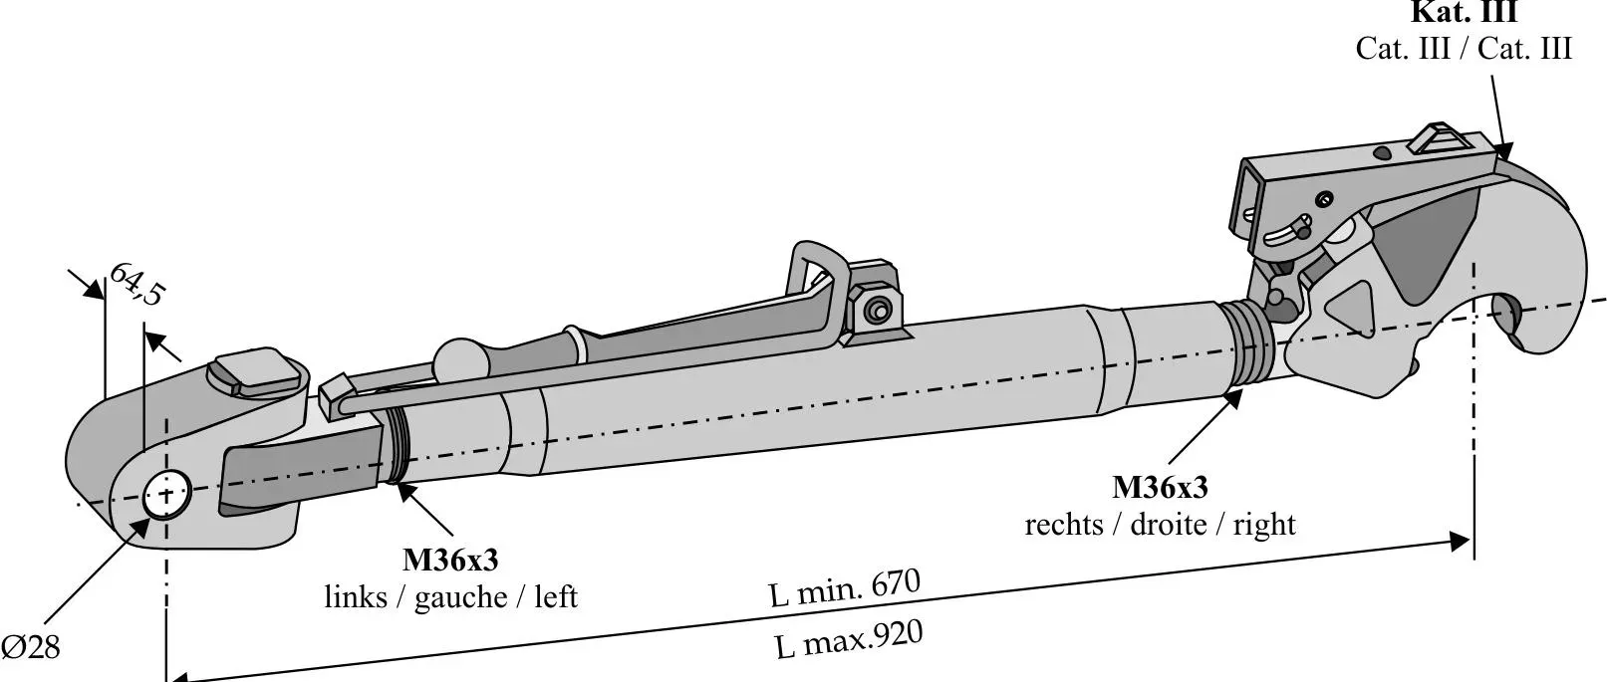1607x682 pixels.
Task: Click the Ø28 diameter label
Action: [31, 647]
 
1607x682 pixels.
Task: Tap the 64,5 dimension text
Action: [135, 284]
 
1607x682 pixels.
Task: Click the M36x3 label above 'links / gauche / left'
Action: [450, 561]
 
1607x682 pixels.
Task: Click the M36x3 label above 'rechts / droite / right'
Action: [1160, 488]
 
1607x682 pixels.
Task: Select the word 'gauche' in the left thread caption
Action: [460, 596]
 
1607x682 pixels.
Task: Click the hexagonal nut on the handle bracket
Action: [876, 309]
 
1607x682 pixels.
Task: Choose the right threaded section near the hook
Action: [1249, 343]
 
